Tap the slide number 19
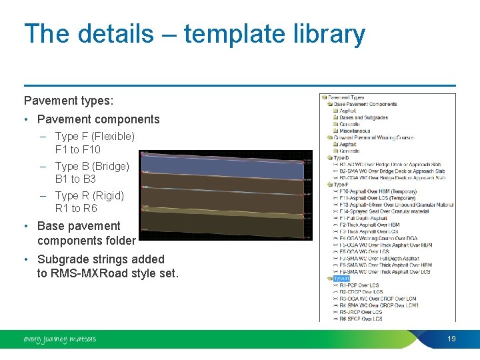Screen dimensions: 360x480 click(x=451, y=339)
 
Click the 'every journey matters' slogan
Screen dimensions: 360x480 click(x=60, y=339)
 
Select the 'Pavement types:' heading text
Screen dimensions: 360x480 click(x=69, y=101)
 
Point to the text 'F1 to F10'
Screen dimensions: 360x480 click(x=77, y=149)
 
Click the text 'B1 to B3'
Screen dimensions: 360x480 click(x=75, y=179)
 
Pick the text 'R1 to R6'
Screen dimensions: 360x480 click(x=76, y=208)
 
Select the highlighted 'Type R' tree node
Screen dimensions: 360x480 click(x=341, y=279)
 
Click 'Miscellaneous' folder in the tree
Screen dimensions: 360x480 click(x=355, y=131)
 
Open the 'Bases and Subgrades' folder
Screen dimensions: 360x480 click(x=363, y=117)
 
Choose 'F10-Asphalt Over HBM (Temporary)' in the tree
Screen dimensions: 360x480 click(x=377, y=191)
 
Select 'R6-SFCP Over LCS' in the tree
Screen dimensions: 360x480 click(x=361, y=319)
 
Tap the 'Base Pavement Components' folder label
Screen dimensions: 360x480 click(x=365, y=104)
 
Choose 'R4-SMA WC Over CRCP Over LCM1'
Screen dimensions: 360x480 click(x=378, y=305)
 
